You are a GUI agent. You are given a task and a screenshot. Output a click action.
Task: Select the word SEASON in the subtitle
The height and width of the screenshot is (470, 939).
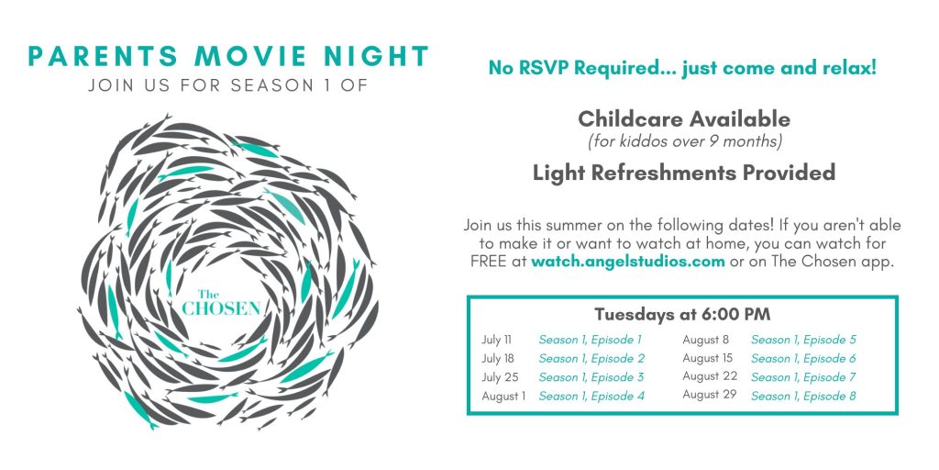pyautogui.click(x=270, y=85)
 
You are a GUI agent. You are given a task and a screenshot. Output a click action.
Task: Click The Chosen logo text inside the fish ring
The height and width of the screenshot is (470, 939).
pyautogui.click(x=222, y=303)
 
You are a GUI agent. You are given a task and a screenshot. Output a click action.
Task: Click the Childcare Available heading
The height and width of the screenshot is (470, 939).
pyautogui.click(x=684, y=119)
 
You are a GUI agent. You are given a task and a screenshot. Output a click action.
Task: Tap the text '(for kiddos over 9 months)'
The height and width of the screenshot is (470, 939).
pyautogui.click(x=685, y=142)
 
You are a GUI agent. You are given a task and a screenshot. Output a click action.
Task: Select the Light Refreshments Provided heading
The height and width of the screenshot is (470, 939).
pyautogui.click(x=684, y=173)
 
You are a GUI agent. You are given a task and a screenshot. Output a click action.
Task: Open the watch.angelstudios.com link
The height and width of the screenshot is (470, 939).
pyautogui.click(x=627, y=262)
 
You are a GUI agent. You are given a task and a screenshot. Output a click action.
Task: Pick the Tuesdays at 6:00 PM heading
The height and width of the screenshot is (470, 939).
pyautogui.click(x=682, y=314)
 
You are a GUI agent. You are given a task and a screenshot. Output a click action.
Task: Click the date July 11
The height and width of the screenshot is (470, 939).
pyautogui.click(x=496, y=340)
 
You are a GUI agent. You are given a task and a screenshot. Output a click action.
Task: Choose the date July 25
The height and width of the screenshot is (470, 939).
pyautogui.click(x=500, y=377)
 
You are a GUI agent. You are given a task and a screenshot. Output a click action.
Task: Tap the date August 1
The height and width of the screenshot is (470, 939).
pyautogui.click(x=503, y=397)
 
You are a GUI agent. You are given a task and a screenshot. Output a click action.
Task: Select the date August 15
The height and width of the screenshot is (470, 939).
pyautogui.click(x=707, y=359)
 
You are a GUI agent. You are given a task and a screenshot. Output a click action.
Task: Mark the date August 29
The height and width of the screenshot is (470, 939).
pyautogui.click(x=710, y=395)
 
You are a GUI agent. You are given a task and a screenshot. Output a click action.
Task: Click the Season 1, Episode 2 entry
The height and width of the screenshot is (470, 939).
pyautogui.click(x=591, y=359)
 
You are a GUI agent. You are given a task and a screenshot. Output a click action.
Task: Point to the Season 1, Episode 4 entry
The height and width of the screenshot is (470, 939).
pyautogui.click(x=591, y=396)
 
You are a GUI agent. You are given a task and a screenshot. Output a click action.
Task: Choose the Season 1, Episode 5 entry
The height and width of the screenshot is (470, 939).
pyautogui.click(x=803, y=340)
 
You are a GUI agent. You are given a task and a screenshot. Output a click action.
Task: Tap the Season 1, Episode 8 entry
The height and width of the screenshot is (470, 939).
pyautogui.click(x=803, y=396)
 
